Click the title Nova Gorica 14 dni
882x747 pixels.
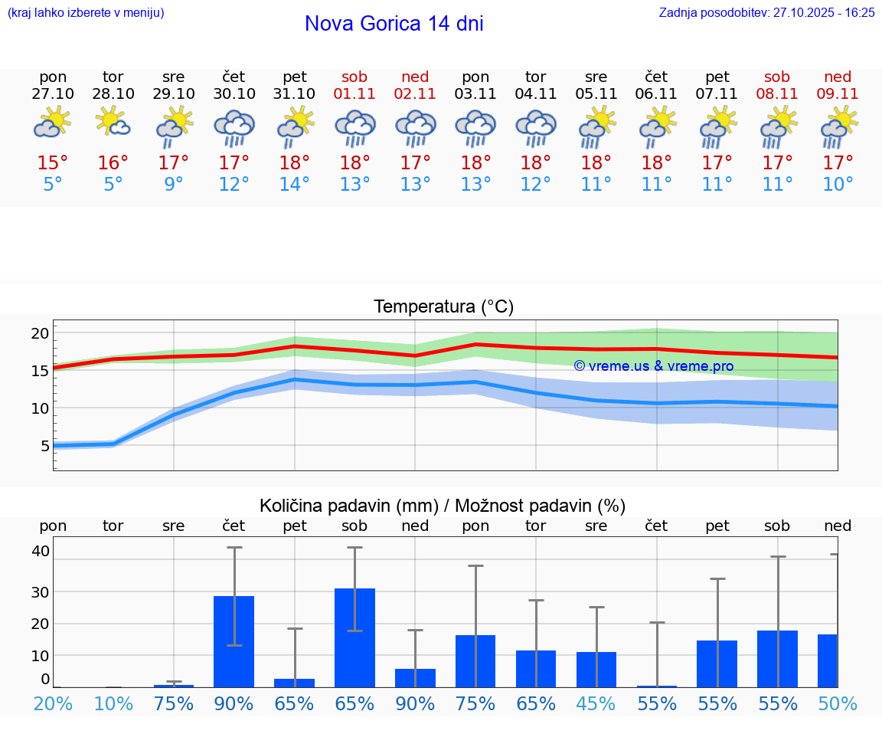[x=394, y=24]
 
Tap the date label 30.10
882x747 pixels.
[x=234, y=93]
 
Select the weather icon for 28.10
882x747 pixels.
[x=113, y=122]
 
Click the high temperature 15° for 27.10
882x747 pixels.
[x=53, y=163]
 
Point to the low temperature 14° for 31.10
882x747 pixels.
[x=295, y=185]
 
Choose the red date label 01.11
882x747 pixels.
[x=354, y=93]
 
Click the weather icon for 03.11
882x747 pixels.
[x=475, y=127]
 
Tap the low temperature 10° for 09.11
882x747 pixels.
[x=838, y=185]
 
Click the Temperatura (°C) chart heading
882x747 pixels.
[x=443, y=307]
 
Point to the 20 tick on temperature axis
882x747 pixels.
[x=40, y=333]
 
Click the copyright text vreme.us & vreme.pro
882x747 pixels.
[x=654, y=366]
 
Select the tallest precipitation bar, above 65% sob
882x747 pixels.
[x=354, y=637]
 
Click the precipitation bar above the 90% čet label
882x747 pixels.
[x=234, y=641]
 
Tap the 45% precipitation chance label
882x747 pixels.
[x=596, y=703]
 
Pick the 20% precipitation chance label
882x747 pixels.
[x=53, y=703]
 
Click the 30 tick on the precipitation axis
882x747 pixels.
[x=40, y=591]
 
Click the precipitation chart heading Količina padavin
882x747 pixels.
[x=443, y=506]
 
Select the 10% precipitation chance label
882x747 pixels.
[x=113, y=703]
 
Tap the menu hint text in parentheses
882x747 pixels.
[x=86, y=13]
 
